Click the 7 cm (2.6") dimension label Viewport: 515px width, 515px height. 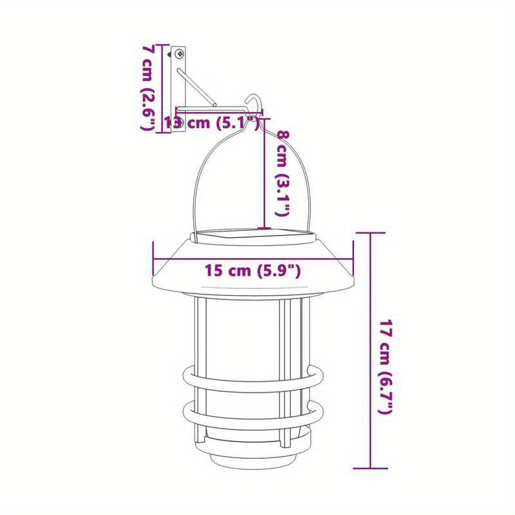point(148,88)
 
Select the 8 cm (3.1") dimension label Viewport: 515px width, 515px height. point(283,173)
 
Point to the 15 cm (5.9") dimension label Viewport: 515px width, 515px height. point(252,270)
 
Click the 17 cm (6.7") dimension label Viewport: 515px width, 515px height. point(386,366)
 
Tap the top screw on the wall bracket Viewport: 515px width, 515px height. point(179,53)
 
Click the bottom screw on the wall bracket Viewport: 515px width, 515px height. point(180,124)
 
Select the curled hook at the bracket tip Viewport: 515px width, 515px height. point(254,104)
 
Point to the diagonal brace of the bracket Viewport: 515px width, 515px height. point(196,87)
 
